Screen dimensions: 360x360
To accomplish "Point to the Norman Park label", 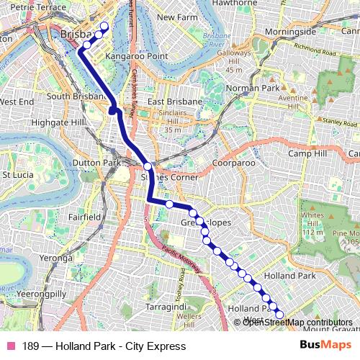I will (x=251, y=89).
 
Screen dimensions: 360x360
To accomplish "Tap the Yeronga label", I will (x=58, y=257).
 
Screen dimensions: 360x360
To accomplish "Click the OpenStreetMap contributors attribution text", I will (x=297, y=322).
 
